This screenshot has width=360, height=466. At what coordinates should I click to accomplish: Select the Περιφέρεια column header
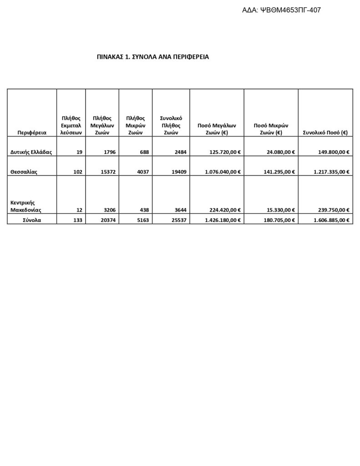[x=32, y=133]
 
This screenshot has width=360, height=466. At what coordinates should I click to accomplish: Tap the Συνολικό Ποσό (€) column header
[x=325, y=133]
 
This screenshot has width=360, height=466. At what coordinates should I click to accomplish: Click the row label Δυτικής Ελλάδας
[x=31, y=152]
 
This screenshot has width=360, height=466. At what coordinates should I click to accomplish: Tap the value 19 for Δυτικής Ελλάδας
[x=79, y=152]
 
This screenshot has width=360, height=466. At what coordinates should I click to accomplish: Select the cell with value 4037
[x=142, y=172]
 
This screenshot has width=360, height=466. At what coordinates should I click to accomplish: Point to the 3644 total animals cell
[x=179, y=210]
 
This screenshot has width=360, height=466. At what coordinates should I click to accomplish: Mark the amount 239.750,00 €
[x=334, y=210]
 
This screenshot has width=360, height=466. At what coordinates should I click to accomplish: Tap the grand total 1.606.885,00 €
[x=331, y=220]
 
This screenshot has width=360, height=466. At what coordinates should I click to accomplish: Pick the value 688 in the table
[x=144, y=152]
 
